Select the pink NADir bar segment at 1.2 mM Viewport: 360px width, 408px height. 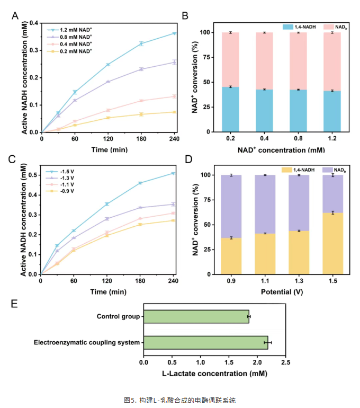pos(332,61)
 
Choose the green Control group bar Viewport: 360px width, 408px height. pos(196,317)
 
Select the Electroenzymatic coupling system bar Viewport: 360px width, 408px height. pos(205,342)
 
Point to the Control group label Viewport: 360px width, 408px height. pos(118,317)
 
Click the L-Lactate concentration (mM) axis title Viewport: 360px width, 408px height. pos(214,373)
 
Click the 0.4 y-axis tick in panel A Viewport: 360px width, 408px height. pos(33,23)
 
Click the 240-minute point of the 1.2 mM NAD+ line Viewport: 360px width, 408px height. pos(174,33)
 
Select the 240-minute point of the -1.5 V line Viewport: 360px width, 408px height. pos(173,173)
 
